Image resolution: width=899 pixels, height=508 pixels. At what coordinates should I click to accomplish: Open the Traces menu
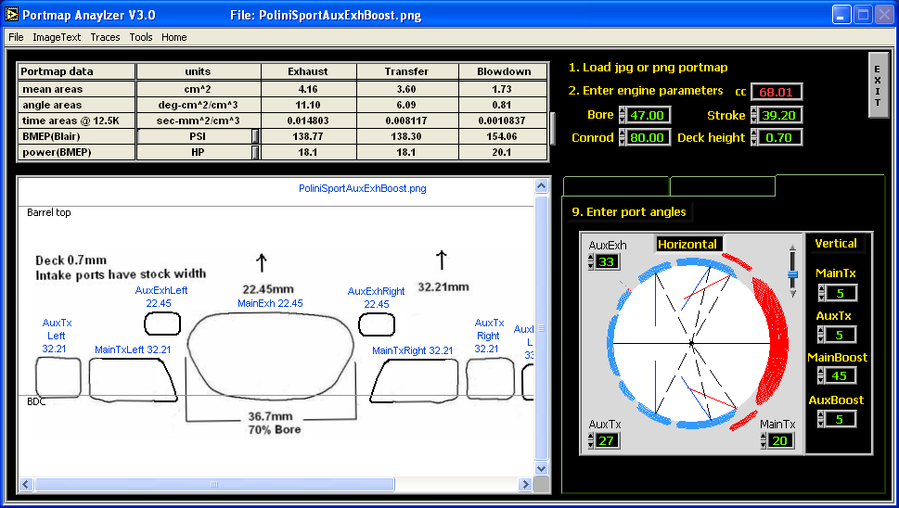[105, 37]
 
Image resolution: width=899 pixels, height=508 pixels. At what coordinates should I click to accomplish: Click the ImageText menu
[57, 37]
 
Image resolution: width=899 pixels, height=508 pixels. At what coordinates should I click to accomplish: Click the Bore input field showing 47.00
[648, 115]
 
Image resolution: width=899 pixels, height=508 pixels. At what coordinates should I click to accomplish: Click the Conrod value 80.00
[648, 137]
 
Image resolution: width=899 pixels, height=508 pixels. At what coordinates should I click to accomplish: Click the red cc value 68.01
[777, 92]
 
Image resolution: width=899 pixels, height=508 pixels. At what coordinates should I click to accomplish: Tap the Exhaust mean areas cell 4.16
[308, 89]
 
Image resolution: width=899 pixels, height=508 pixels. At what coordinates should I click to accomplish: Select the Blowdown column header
[504, 71]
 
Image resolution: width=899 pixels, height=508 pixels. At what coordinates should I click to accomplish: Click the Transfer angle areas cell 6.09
[406, 105]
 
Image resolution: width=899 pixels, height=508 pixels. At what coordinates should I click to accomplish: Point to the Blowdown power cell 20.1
[502, 152]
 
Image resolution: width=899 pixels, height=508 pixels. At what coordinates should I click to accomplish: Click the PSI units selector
[198, 136]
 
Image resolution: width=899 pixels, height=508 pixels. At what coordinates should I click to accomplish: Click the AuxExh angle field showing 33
[607, 261]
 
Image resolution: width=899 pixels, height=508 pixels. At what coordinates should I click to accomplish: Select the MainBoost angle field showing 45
[840, 375]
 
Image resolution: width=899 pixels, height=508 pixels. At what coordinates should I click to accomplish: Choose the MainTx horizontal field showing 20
[779, 440]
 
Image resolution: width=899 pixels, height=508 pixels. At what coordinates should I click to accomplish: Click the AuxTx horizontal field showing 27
[607, 440]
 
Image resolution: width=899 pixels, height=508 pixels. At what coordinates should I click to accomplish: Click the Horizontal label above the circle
[687, 244]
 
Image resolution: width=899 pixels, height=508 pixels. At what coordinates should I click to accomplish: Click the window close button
[884, 15]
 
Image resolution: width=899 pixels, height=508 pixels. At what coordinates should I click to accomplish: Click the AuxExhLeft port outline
[162, 313]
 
